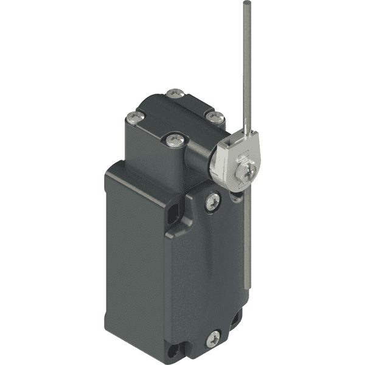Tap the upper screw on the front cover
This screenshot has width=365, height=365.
(x=212, y=201)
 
